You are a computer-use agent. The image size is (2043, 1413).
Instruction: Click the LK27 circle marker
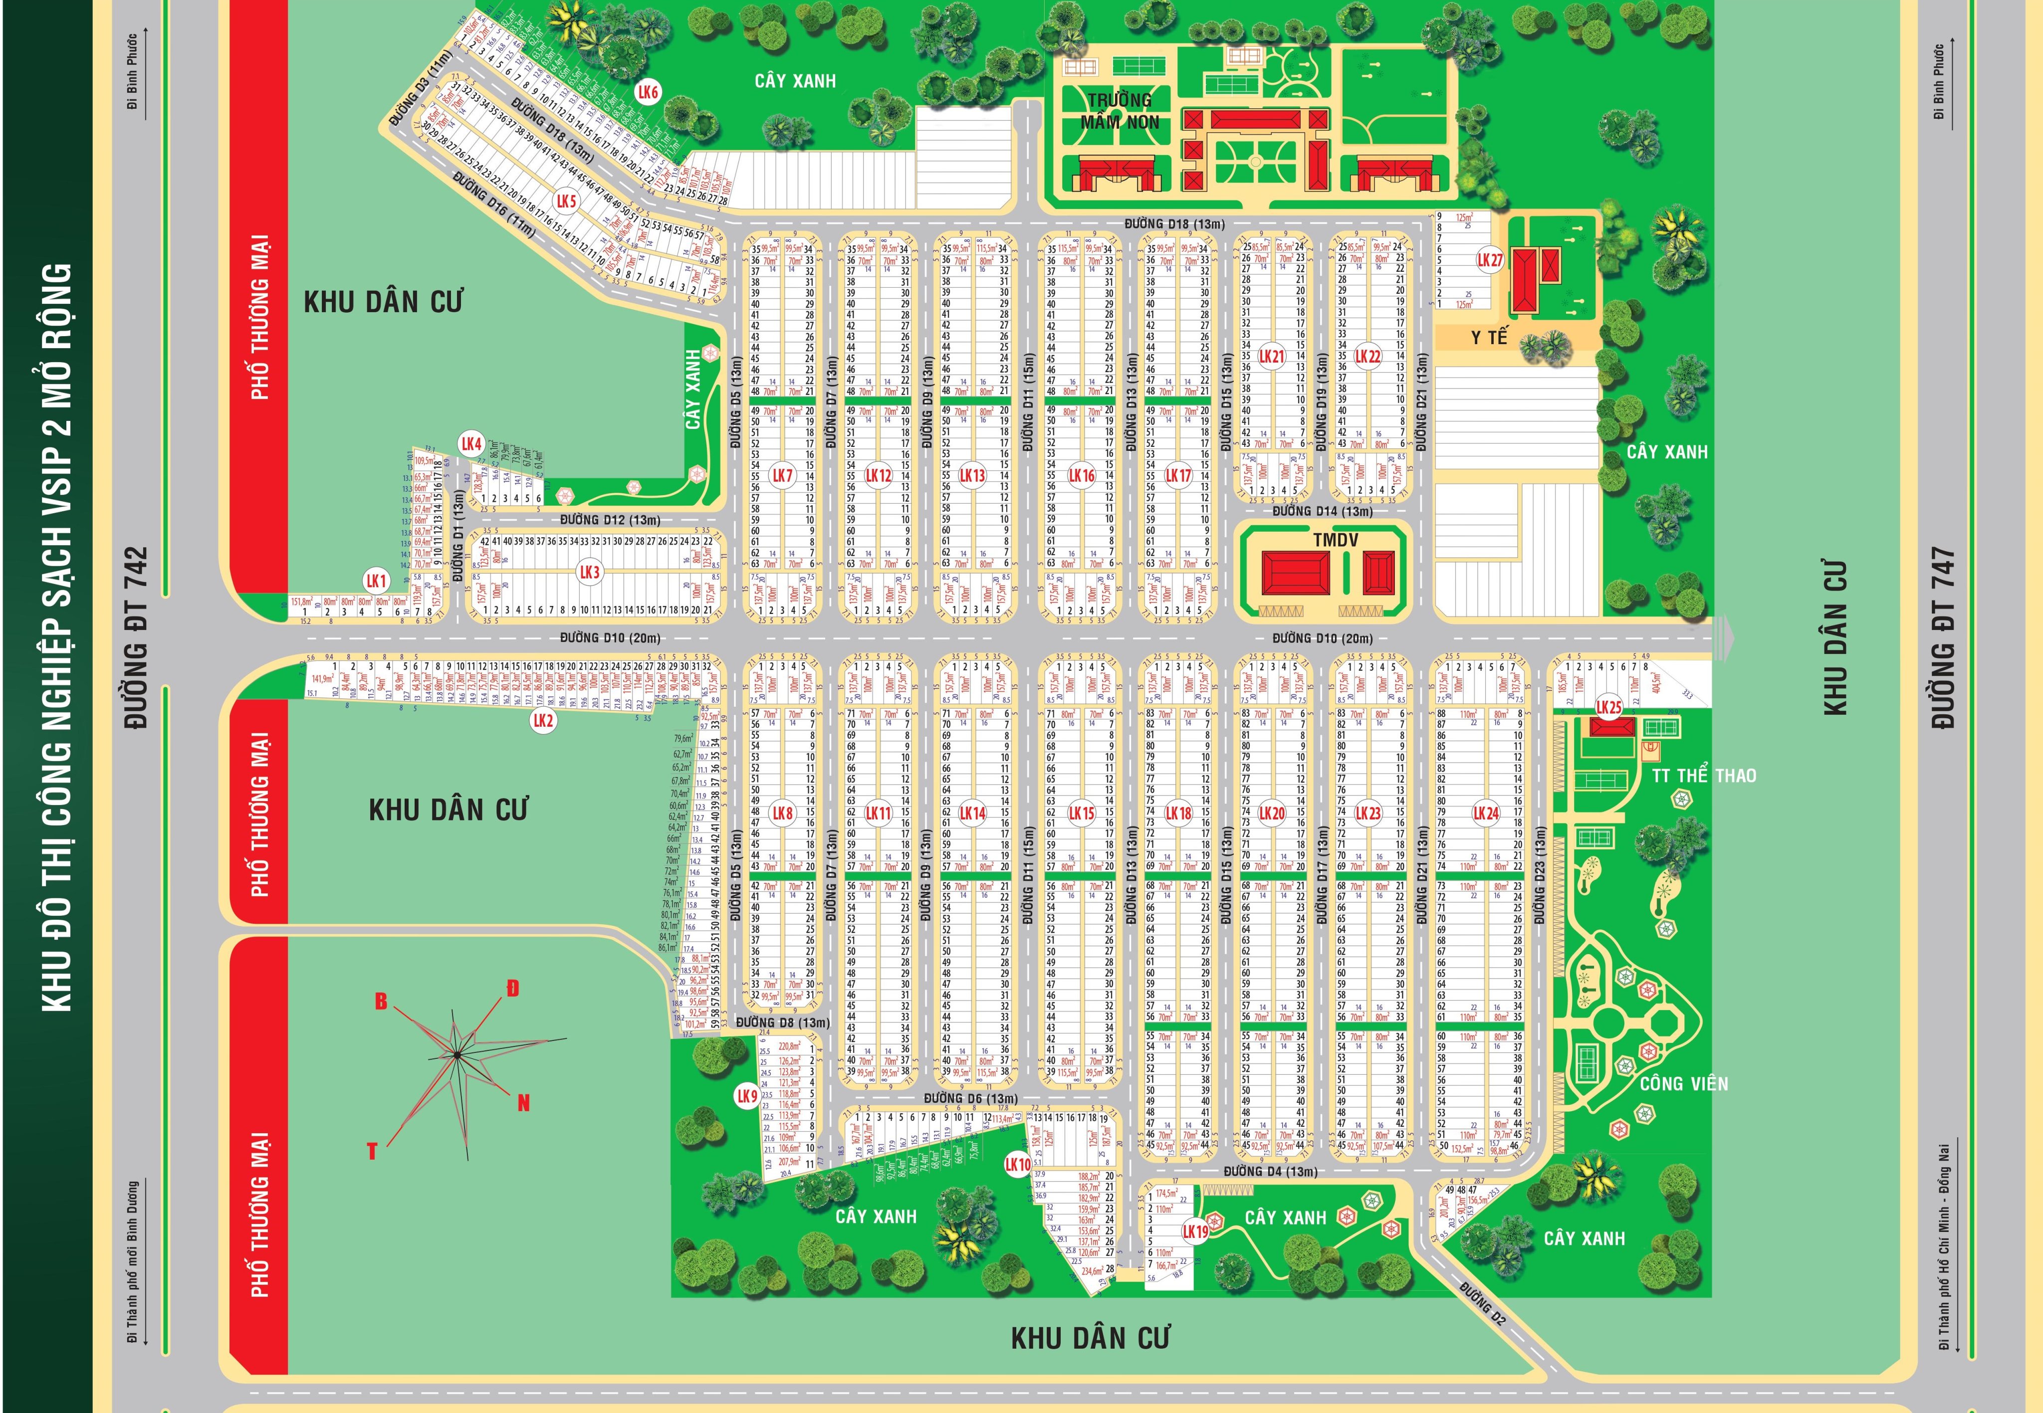coord(1490,260)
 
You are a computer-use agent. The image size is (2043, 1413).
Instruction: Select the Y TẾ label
coord(1489,337)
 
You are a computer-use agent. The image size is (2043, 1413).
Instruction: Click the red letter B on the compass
coord(381,1002)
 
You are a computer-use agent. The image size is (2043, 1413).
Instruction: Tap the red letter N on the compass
coord(523,1102)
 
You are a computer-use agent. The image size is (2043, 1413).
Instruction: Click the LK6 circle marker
coord(648,92)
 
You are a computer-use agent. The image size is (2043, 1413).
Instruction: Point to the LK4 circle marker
coord(471,443)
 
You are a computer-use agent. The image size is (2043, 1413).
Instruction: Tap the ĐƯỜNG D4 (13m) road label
coord(1270,1171)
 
